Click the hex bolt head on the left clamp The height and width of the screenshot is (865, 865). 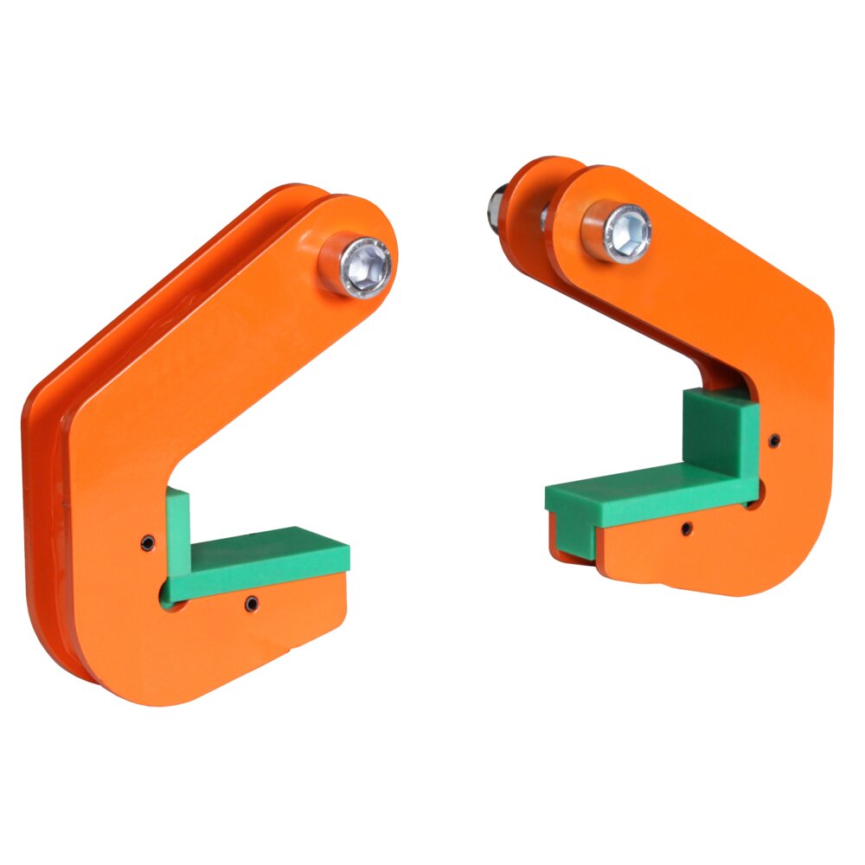pyautogui.click(x=366, y=267)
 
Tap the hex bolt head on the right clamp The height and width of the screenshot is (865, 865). pyautogui.click(x=626, y=233)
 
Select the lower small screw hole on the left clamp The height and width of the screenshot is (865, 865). pyautogui.click(x=252, y=602)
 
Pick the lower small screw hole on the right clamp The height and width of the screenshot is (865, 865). pyautogui.click(x=685, y=528)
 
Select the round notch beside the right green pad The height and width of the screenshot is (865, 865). pyautogui.click(x=754, y=496)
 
